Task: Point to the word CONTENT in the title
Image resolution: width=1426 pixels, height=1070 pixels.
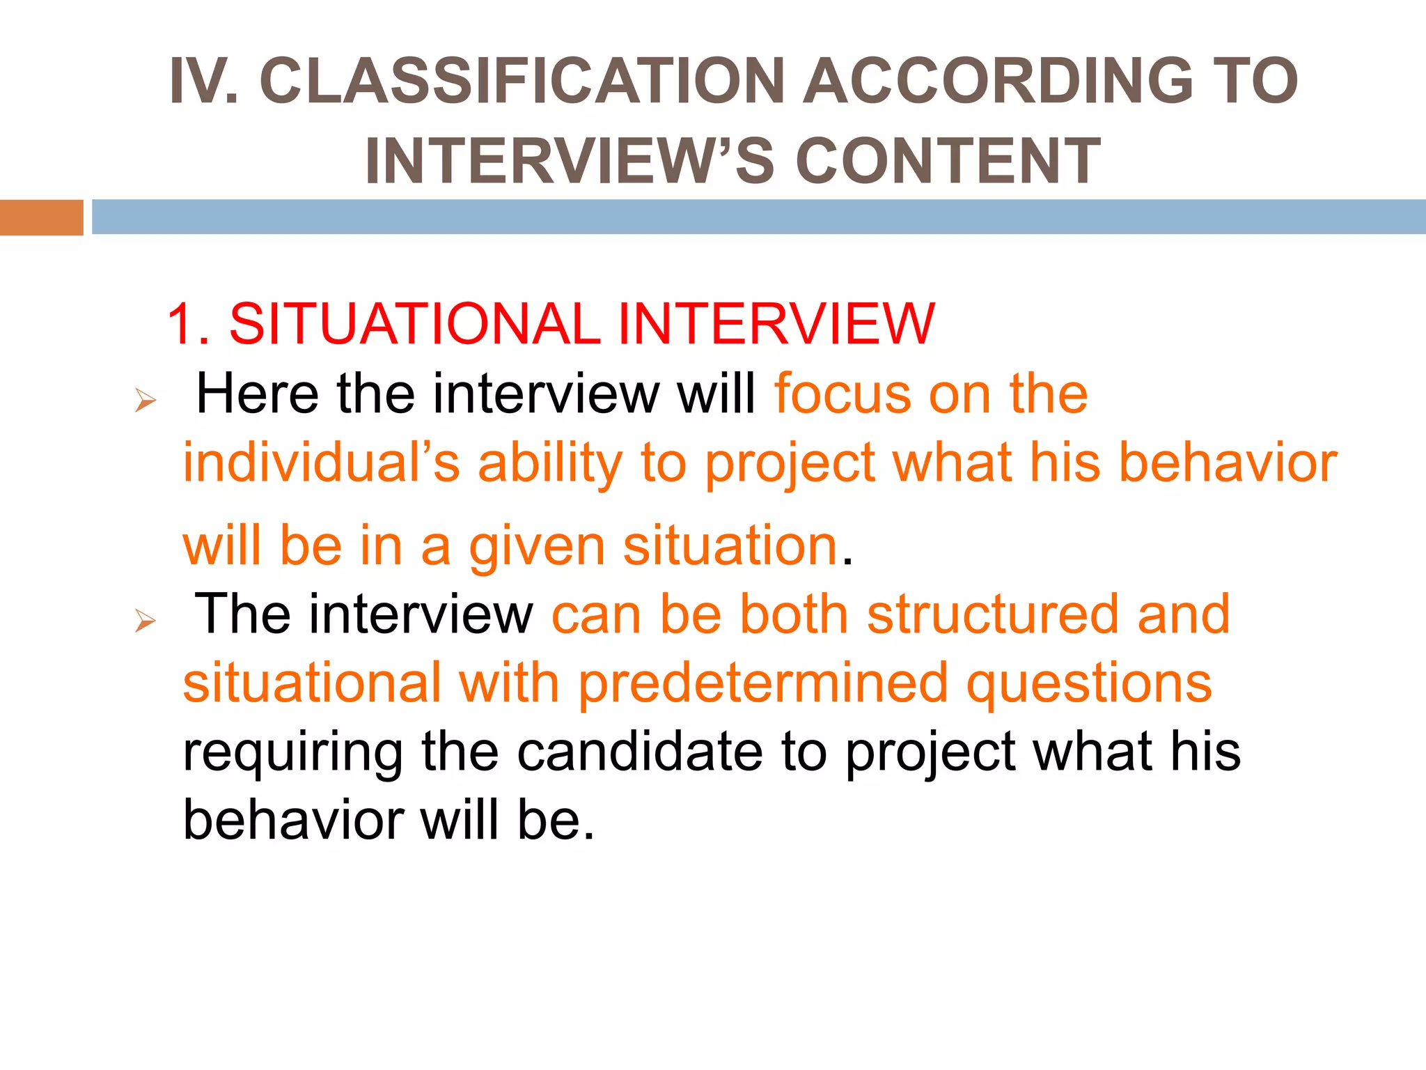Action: pyautogui.click(x=947, y=161)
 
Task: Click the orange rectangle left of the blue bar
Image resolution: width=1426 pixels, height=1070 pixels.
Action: pyautogui.click(x=41, y=217)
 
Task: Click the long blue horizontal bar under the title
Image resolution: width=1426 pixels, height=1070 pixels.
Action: pyautogui.click(x=758, y=217)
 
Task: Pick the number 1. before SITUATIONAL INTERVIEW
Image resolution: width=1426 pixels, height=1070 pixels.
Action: pyautogui.click(x=188, y=323)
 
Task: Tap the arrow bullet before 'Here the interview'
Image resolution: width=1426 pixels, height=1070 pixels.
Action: pyautogui.click(x=146, y=401)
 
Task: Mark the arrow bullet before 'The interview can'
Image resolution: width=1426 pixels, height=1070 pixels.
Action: pyautogui.click(x=146, y=620)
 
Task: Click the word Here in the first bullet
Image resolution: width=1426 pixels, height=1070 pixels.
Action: pyautogui.click(x=258, y=394)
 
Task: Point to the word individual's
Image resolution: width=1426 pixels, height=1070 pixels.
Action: pyautogui.click(x=321, y=463)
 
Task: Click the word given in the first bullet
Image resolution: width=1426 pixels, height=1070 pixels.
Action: pyautogui.click(x=537, y=547)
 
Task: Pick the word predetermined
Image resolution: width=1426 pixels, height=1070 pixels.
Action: pyautogui.click(x=763, y=683)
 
